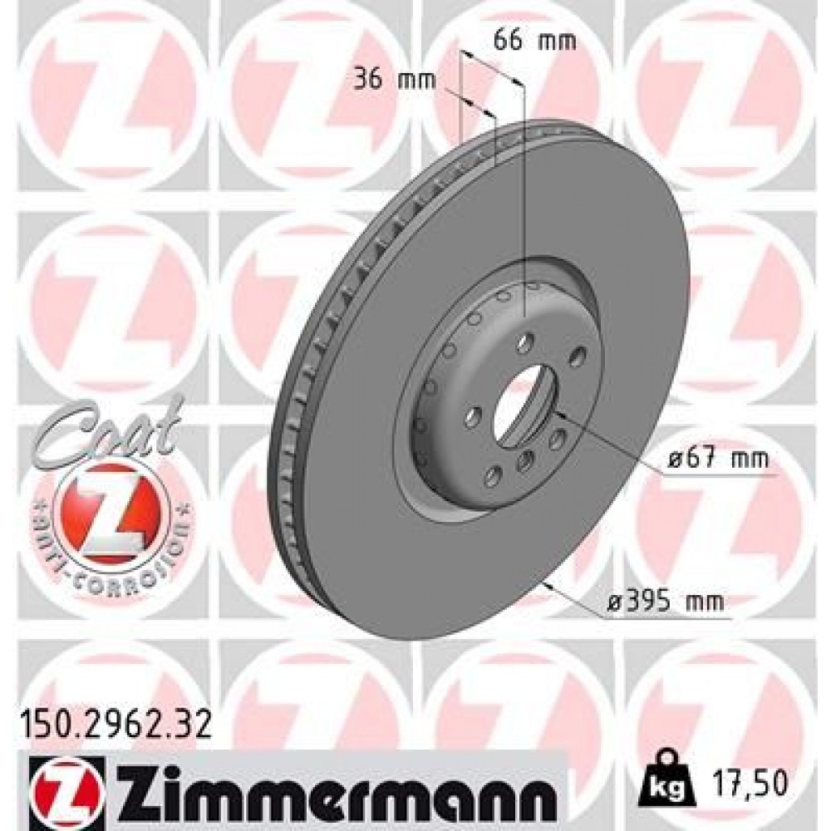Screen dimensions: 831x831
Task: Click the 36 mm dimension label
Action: (x=387, y=81)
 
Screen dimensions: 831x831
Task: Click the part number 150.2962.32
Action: (x=112, y=712)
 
